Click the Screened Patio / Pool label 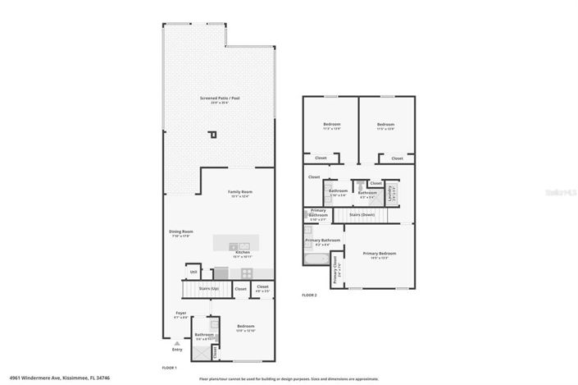(x=220, y=99)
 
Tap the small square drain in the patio (x=213, y=135)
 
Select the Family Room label (x=239, y=193)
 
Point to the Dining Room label (x=181, y=232)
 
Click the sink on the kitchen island (x=234, y=245)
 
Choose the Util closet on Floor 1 (x=193, y=272)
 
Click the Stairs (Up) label (x=210, y=289)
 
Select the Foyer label (x=181, y=313)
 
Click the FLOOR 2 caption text (x=309, y=295)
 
